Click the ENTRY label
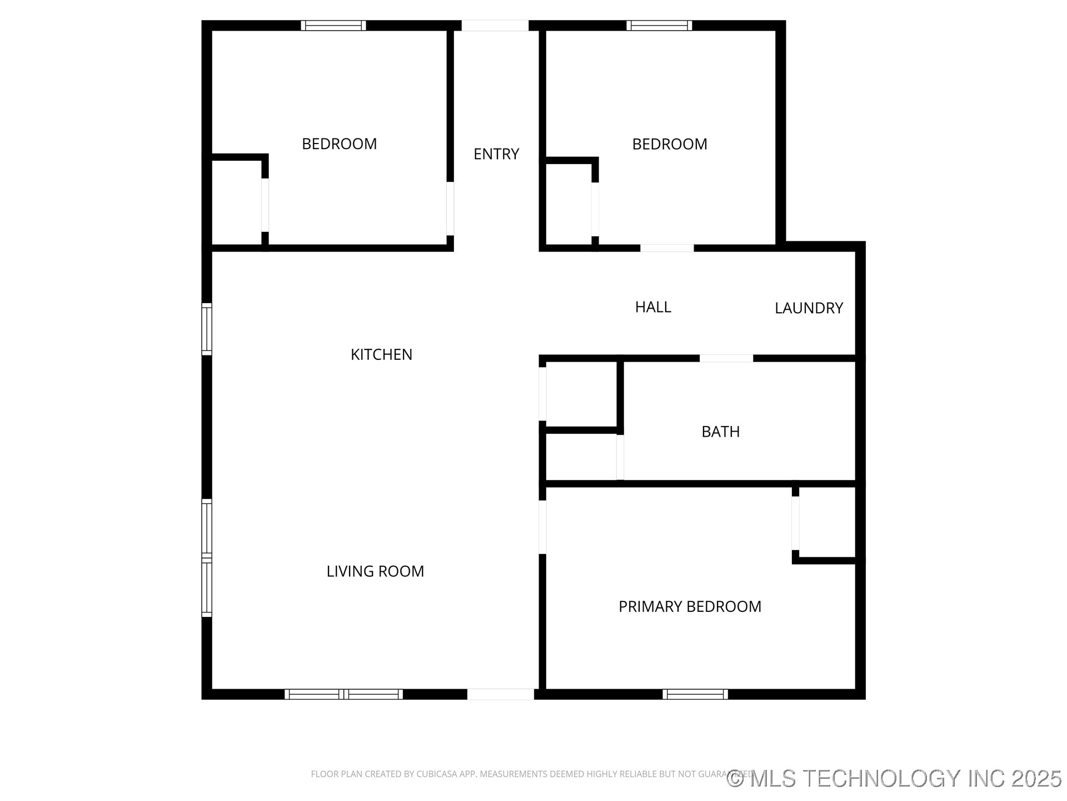[496, 154]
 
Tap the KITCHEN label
[381, 354]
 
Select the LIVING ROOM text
[375, 571]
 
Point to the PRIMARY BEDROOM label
[690, 606]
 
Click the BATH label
[720, 432]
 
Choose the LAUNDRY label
[809, 308]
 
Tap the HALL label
[653, 307]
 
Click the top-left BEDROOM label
[339, 144]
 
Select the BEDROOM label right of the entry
[670, 144]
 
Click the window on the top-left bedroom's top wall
[333, 26]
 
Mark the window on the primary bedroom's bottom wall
[695, 694]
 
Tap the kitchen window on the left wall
[207, 329]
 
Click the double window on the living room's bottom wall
[343, 694]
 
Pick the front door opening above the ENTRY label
[495, 26]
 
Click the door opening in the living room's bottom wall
[500, 694]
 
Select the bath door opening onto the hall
[726, 358]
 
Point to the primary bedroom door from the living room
[542, 527]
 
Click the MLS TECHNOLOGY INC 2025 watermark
[894, 778]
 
